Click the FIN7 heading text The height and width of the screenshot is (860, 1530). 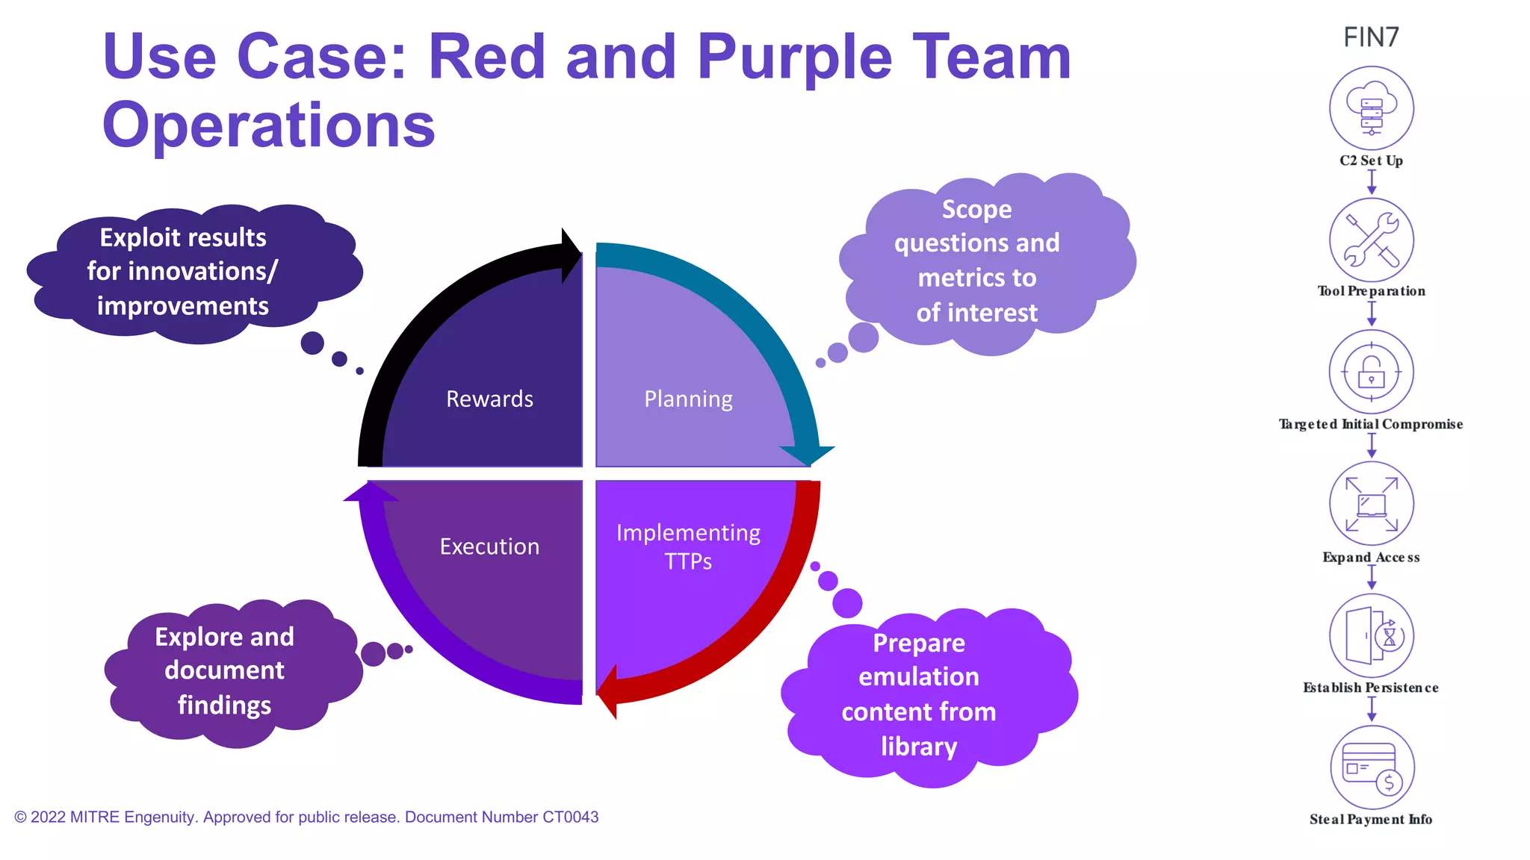coord(1371,37)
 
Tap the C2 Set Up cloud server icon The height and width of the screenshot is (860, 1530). coord(1371,109)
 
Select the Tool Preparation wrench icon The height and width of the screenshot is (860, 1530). coord(1371,240)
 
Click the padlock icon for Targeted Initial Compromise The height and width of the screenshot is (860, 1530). coord(1371,372)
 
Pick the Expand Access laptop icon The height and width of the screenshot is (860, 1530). coord(1371,504)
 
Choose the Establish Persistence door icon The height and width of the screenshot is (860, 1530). coord(1371,636)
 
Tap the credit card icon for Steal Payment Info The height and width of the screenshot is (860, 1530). coord(1371,767)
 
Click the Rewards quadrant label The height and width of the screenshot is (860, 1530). coord(489,399)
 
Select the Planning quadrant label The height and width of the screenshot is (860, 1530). coord(688,399)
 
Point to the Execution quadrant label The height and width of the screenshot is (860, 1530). coord(489,546)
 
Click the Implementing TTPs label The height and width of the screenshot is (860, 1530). coord(688,546)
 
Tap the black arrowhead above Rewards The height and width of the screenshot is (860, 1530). coord(571,255)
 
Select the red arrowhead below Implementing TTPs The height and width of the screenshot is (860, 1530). coord(609,691)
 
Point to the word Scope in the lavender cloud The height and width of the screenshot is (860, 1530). coord(976,210)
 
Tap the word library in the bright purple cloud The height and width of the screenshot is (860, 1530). coord(918,747)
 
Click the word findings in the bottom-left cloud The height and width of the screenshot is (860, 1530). coord(224,705)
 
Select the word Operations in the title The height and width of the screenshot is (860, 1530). coord(269,125)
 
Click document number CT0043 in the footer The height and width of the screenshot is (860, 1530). coord(570,817)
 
